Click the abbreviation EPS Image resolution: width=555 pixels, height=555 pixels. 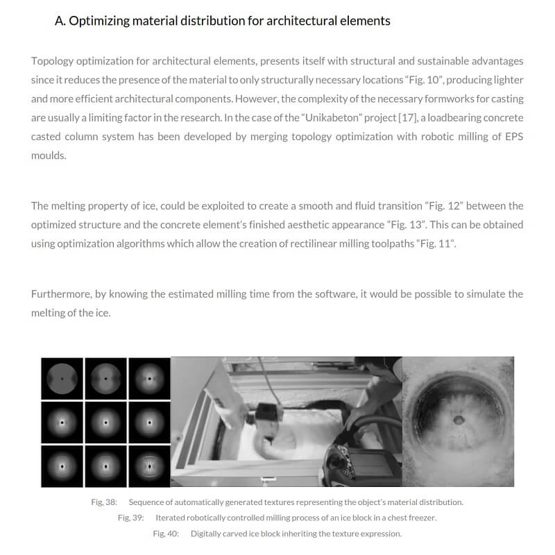[513, 136]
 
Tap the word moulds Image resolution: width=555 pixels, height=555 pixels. [49, 155]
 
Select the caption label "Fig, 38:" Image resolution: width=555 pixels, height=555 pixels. [103, 502]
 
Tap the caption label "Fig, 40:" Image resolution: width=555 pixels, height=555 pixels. [166, 533]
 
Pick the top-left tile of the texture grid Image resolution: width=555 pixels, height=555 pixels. [62, 378]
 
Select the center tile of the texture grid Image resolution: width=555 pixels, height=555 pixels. [105, 421]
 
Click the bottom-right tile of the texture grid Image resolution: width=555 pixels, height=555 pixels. [148, 465]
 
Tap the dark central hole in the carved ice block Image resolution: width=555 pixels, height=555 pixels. [459, 419]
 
